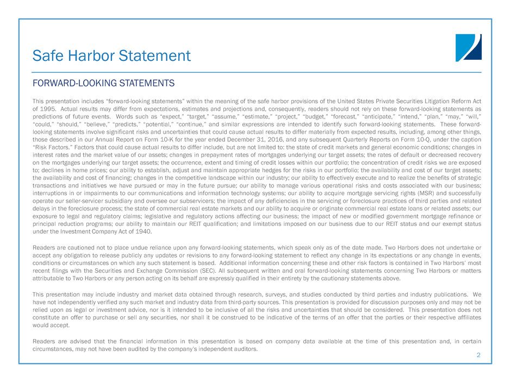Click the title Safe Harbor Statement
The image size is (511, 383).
[x=111, y=55]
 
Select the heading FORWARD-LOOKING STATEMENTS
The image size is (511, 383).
[x=104, y=83]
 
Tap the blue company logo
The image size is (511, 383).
[x=468, y=48]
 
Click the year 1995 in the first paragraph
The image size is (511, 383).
[x=48, y=109]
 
